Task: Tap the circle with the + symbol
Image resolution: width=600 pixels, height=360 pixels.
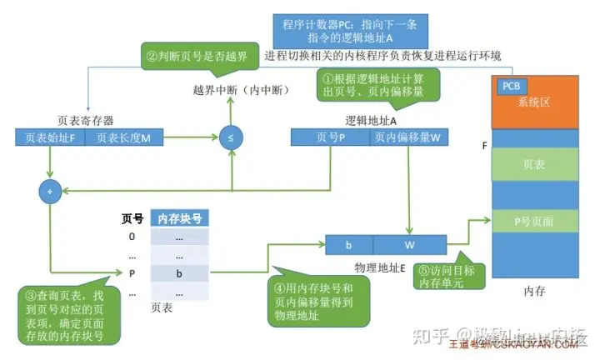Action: pyautogui.click(x=49, y=192)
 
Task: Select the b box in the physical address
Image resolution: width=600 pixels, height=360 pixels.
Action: pyautogui.click(x=348, y=246)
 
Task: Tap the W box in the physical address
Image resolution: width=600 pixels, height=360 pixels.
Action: pyautogui.click(x=408, y=246)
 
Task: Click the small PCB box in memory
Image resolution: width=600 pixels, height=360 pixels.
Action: pyautogui.click(x=510, y=86)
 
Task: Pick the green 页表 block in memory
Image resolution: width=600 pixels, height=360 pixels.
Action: pyautogui.click(x=533, y=165)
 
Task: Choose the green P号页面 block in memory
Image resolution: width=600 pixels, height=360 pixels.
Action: pyautogui.click(x=533, y=221)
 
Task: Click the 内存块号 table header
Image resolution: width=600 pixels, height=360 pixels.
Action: pyautogui.click(x=178, y=218)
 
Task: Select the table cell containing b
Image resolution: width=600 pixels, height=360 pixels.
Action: pyautogui.click(x=178, y=272)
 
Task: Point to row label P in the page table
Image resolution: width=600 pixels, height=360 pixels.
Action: pyautogui.click(x=132, y=272)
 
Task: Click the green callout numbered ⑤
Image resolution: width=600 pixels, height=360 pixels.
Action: pyautogui.click(x=445, y=276)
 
